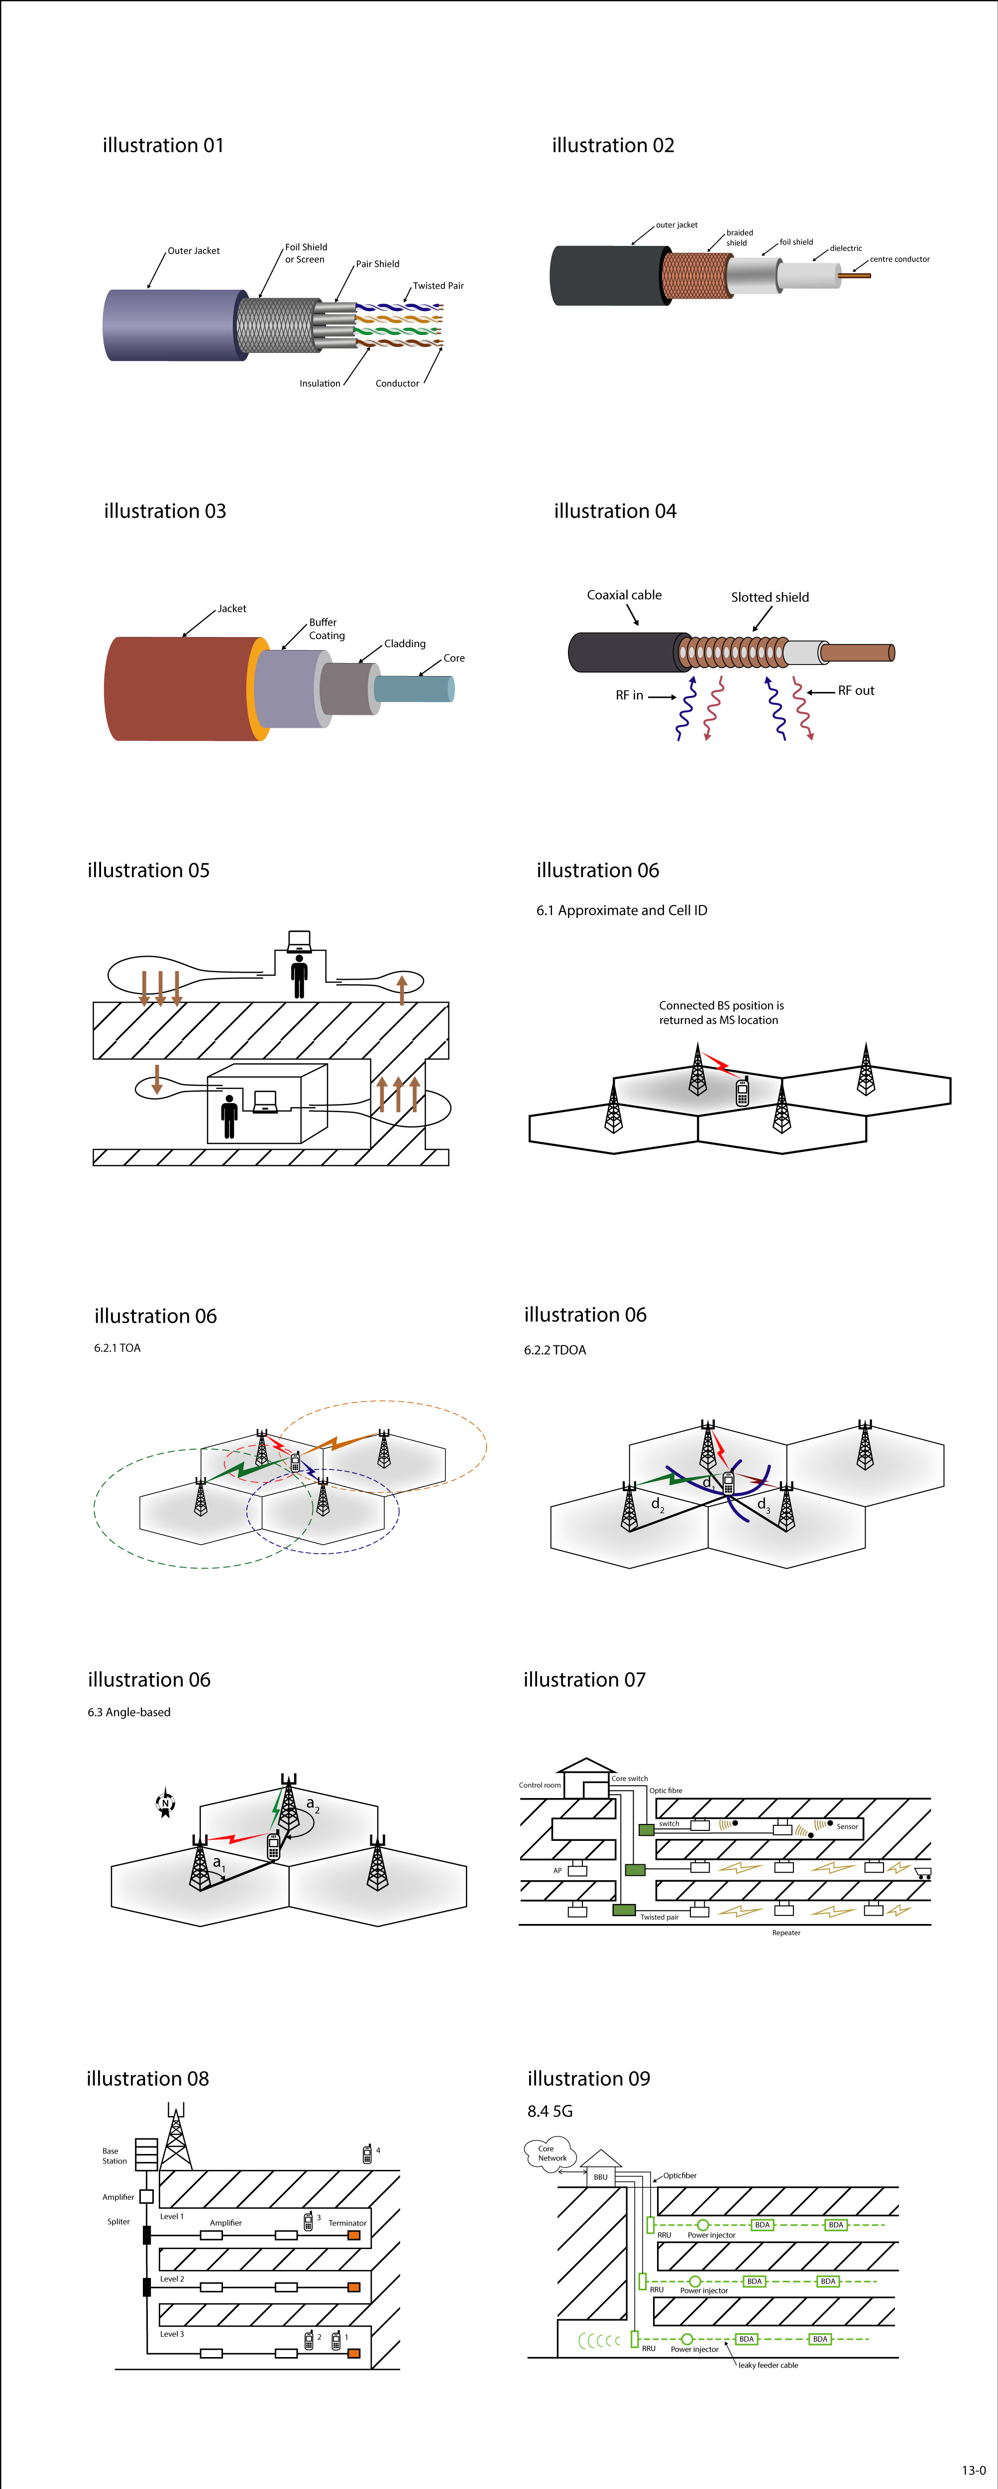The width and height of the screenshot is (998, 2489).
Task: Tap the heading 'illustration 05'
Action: (148, 871)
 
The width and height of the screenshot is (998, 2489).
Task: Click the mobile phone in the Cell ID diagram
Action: (742, 1092)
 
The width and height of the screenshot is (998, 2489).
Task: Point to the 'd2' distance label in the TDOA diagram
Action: (657, 1504)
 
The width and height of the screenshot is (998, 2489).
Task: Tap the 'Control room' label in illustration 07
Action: (539, 1786)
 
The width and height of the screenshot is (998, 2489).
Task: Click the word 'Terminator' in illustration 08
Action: (347, 2223)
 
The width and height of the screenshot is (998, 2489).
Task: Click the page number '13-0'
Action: (973, 2470)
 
